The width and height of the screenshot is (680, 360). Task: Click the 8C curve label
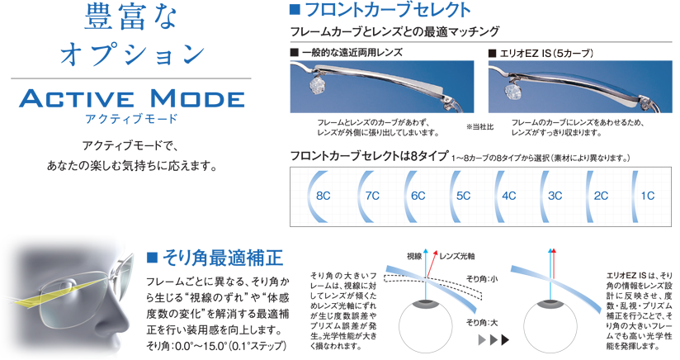(323, 196)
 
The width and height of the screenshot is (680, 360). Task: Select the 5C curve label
(463, 196)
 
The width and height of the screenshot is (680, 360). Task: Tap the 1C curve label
(648, 196)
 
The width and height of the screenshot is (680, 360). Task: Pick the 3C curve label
(555, 196)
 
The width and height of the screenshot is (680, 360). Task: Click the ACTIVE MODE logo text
(132, 98)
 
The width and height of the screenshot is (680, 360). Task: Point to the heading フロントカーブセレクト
(388, 11)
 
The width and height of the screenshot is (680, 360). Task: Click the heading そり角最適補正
(223, 258)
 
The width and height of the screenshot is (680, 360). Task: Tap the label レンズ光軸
(456, 256)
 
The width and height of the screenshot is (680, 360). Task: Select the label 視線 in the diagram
(414, 256)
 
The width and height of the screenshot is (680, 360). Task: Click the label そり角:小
(482, 279)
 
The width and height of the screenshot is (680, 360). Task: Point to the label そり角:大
(482, 322)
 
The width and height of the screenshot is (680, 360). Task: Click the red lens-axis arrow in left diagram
(432, 264)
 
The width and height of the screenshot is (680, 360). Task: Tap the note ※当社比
(479, 127)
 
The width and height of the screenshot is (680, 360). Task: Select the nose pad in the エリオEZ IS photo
(514, 90)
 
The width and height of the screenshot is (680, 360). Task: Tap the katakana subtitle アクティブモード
(131, 118)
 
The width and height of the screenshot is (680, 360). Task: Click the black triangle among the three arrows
(505, 339)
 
